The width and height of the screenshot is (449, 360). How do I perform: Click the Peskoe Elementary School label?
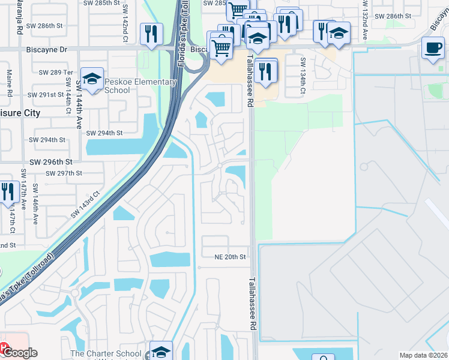point(140,86)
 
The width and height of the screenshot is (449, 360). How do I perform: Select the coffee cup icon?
point(432,48)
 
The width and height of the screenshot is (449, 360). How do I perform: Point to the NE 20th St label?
point(231,257)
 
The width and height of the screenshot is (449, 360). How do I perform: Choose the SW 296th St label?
point(52,162)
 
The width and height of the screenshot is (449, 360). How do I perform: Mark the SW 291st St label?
point(47,95)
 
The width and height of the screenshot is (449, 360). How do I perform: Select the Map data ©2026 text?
point(424,355)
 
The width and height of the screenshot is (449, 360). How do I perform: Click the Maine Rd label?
point(10,82)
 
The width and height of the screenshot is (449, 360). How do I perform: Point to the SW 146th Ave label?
point(35,204)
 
